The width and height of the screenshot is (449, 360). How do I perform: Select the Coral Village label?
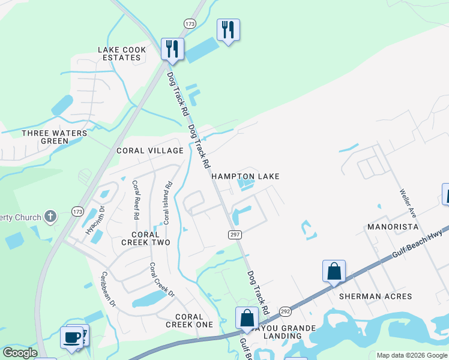click(x=150, y=151)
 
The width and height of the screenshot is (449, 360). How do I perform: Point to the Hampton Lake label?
click(x=245, y=176)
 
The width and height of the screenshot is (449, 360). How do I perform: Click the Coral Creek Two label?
click(x=146, y=238)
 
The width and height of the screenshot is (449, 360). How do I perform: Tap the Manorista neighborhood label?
click(x=393, y=227)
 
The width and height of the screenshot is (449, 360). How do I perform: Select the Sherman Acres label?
click(x=375, y=296)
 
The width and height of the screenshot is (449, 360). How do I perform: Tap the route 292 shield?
click(x=285, y=311)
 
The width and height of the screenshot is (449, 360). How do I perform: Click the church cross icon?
click(x=51, y=217)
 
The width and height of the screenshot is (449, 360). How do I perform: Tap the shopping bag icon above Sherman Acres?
click(x=334, y=271)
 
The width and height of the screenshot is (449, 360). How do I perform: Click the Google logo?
click(x=20, y=353)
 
